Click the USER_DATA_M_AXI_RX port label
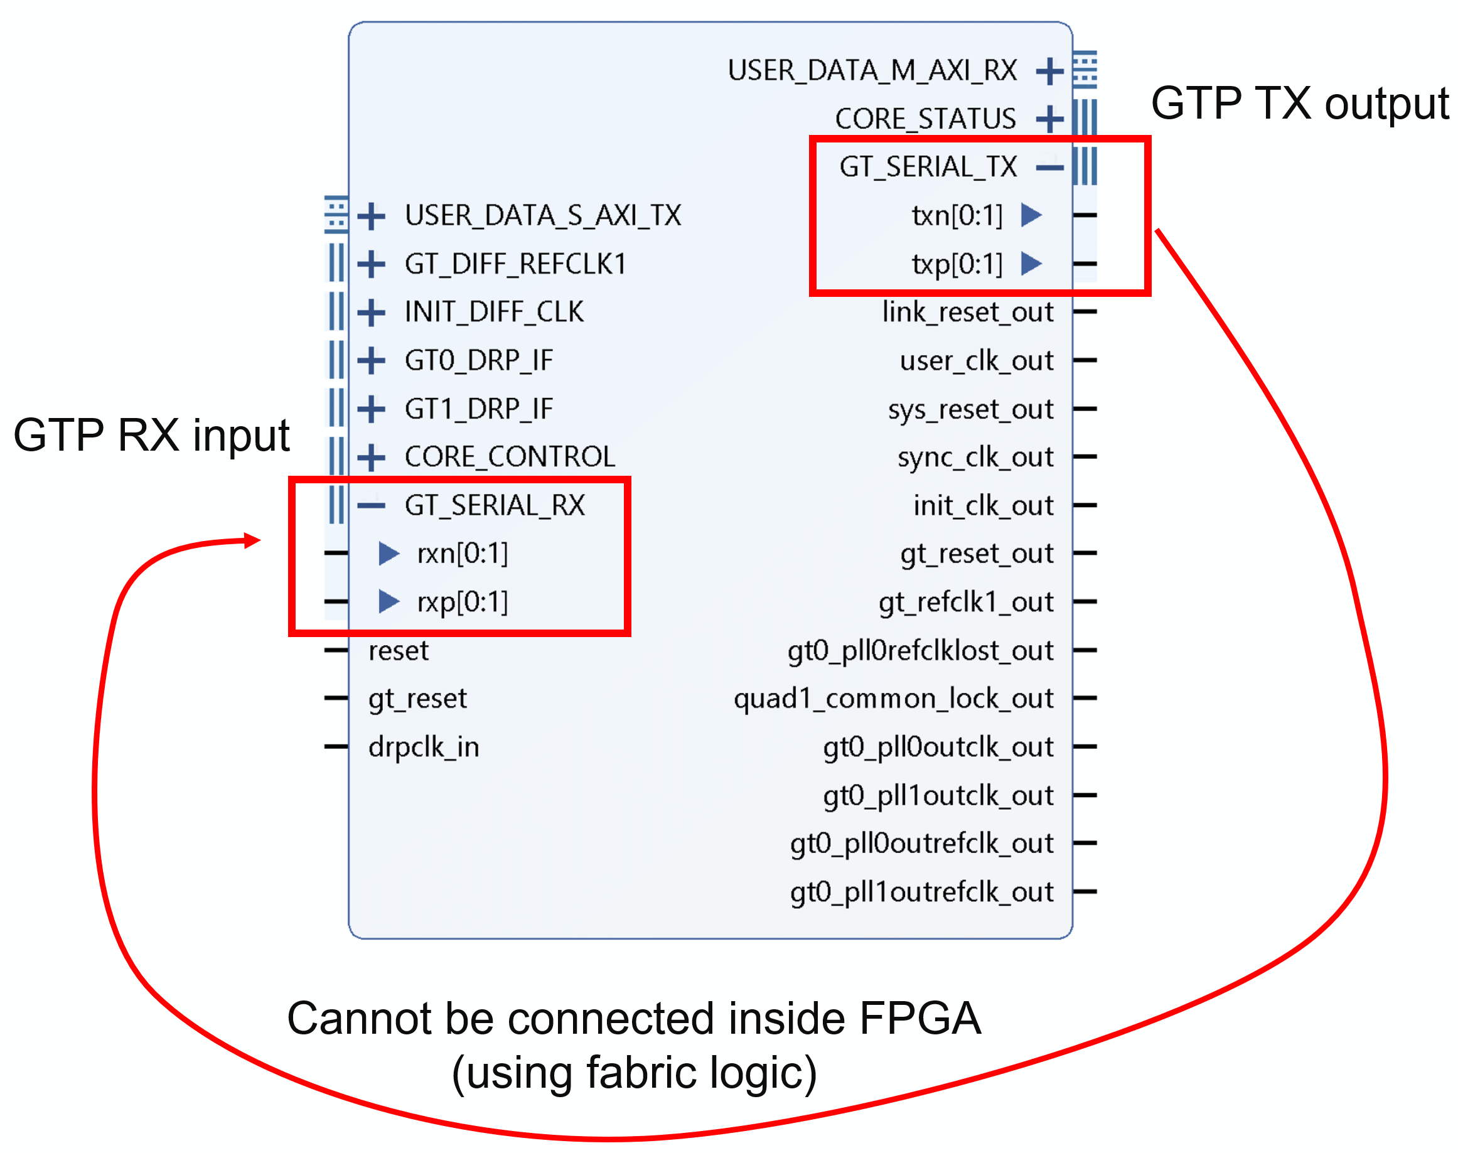(x=871, y=70)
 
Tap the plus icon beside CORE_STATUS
(x=1049, y=119)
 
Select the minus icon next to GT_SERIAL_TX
(x=1049, y=168)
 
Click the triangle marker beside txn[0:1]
(x=1031, y=215)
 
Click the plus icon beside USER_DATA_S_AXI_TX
(x=372, y=216)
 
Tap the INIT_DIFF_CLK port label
(x=493, y=312)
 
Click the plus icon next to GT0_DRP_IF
(x=372, y=360)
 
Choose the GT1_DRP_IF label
(x=479, y=409)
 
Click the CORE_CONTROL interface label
(x=510, y=457)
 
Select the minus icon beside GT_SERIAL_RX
(x=372, y=505)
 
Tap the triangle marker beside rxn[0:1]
(x=388, y=554)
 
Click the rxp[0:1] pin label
(x=463, y=601)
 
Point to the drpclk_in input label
(x=423, y=747)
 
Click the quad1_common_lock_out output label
(x=893, y=698)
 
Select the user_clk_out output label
(x=976, y=360)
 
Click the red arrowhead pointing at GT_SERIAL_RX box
(x=253, y=539)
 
